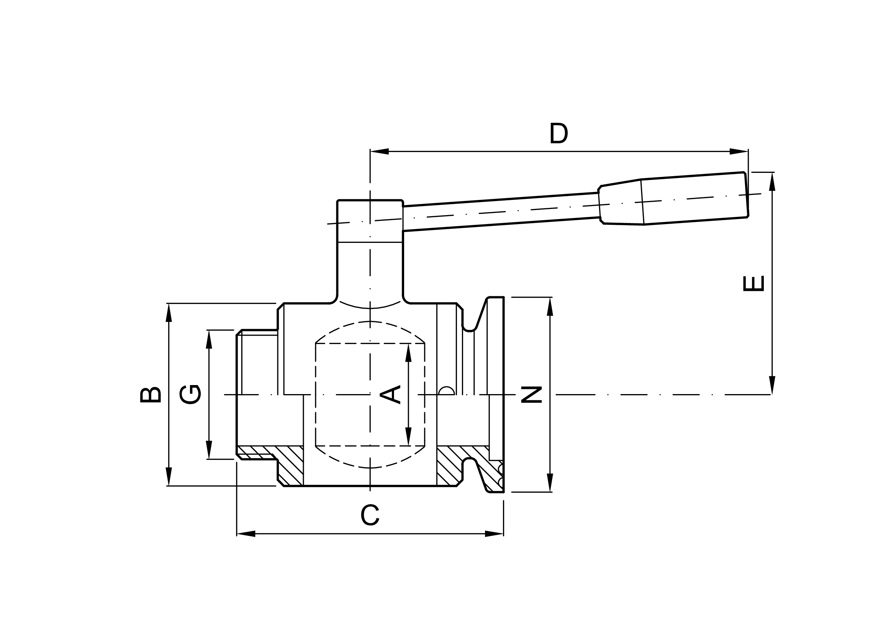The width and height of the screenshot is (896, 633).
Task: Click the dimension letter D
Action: [x=558, y=133]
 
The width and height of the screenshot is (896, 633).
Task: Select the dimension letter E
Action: [x=753, y=284]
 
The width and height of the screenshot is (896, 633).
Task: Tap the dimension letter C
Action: [x=369, y=515]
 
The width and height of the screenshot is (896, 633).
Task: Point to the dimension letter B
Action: [x=151, y=395]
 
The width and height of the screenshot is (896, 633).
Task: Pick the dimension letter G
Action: [x=190, y=394]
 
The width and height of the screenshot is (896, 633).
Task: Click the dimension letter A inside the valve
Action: [x=390, y=394]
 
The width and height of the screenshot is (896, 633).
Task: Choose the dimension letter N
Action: [x=532, y=394]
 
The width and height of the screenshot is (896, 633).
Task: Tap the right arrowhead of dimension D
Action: [x=739, y=151]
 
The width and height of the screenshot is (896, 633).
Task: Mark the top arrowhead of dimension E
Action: [x=772, y=182]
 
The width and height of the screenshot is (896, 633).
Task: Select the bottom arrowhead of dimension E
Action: [x=772, y=385]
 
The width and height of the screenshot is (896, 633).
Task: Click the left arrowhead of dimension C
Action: [x=246, y=533]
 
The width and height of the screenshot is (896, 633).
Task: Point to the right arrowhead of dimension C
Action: [x=494, y=533]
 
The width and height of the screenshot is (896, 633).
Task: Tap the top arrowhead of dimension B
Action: [x=169, y=313]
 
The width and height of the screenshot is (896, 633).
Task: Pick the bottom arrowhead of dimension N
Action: [x=550, y=483]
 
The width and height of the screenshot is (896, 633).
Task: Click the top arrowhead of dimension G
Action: [x=209, y=339]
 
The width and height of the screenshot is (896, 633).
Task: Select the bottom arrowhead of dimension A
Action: [x=408, y=436]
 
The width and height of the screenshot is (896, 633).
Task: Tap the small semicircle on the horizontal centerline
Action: [x=446, y=391]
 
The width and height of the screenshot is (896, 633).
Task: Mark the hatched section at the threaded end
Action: [x=256, y=452]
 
